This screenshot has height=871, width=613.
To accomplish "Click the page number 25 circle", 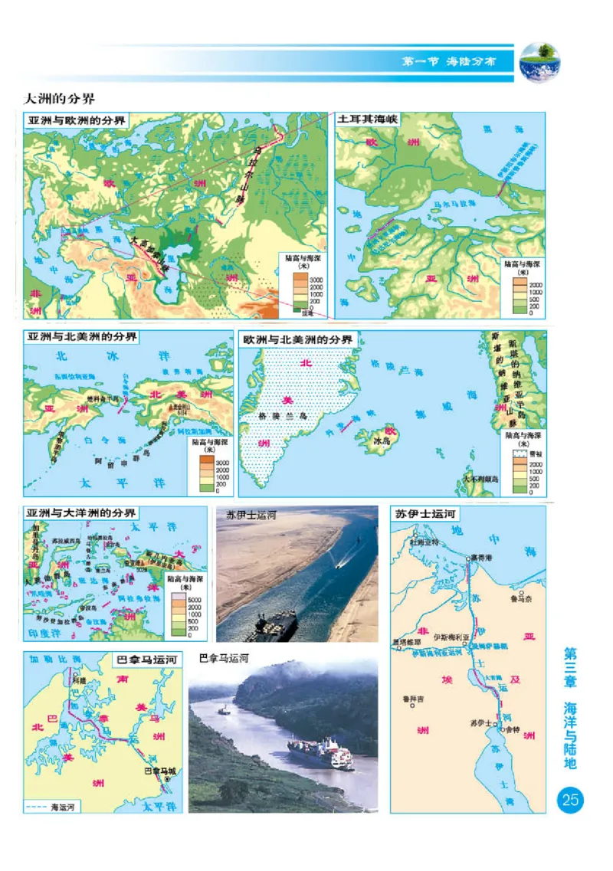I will (x=570, y=801).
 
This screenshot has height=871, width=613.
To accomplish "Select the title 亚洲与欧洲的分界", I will (x=77, y=120).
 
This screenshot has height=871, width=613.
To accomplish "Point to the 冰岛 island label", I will (x=382, y=442).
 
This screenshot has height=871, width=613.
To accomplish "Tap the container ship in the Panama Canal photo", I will (x=320, y=753).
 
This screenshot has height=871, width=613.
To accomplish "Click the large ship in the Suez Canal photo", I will (x=276, y=624).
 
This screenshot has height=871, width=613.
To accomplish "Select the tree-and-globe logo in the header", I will (x=540, y=62).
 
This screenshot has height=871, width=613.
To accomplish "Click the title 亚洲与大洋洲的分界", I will (x=81, y=512).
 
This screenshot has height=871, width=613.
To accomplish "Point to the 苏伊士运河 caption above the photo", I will (x=245, y=516).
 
